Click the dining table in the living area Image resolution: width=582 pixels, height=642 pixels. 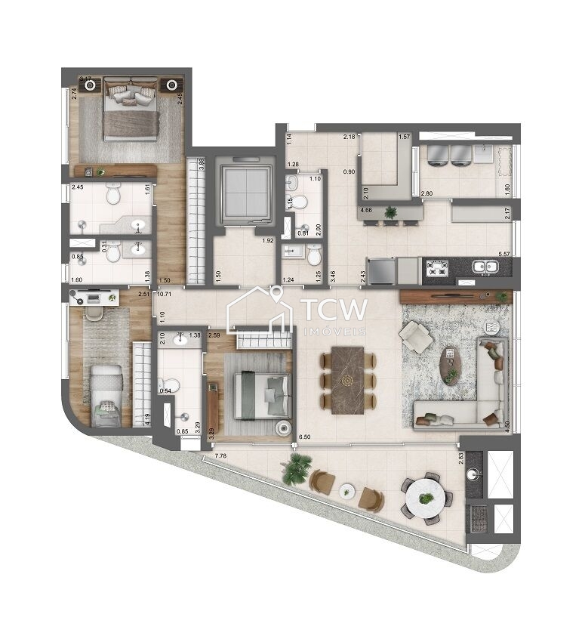(347, 379)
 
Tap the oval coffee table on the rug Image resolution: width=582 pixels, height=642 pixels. (450, 366)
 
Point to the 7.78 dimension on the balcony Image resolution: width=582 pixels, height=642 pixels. (221, 455)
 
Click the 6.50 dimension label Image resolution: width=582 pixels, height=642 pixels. (305, 437)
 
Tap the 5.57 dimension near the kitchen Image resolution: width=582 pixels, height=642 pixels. (505, 254)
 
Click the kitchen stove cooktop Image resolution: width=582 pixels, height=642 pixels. (438, 266)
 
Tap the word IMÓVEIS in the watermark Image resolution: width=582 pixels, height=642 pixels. (334, 331)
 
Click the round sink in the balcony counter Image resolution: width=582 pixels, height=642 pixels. (474, 475)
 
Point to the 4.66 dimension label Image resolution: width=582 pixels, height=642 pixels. (368, 211)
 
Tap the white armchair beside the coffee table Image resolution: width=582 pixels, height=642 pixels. (416, 337)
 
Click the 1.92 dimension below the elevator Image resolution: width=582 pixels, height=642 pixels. (267, 241)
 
